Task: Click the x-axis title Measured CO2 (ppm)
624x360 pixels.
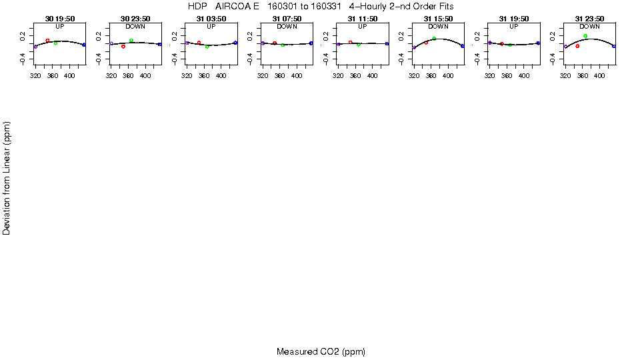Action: (321, 351)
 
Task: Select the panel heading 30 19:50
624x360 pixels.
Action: (60, 19)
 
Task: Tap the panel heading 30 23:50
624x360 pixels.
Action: (135, 19)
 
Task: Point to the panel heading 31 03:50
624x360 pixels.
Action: (211, 19)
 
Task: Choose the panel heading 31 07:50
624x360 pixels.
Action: (287, 19)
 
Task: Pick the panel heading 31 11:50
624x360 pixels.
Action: (363, 19)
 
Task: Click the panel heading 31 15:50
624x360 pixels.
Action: (438, 19)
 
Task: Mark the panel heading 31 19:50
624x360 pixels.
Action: (514, 19)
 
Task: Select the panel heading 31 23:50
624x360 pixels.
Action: (589, 19)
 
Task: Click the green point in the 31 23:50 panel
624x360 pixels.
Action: (585, 36)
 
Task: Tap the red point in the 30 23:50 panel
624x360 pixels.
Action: (123, 47)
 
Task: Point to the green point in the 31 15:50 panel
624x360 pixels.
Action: (434, 39)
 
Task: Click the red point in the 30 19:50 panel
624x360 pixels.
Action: (47, 41)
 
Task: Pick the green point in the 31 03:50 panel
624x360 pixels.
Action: (207, 47)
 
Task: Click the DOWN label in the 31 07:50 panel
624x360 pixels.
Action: (287, 27)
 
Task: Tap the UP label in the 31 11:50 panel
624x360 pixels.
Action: (363, 27)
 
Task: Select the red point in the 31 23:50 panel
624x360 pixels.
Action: (577, 46)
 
